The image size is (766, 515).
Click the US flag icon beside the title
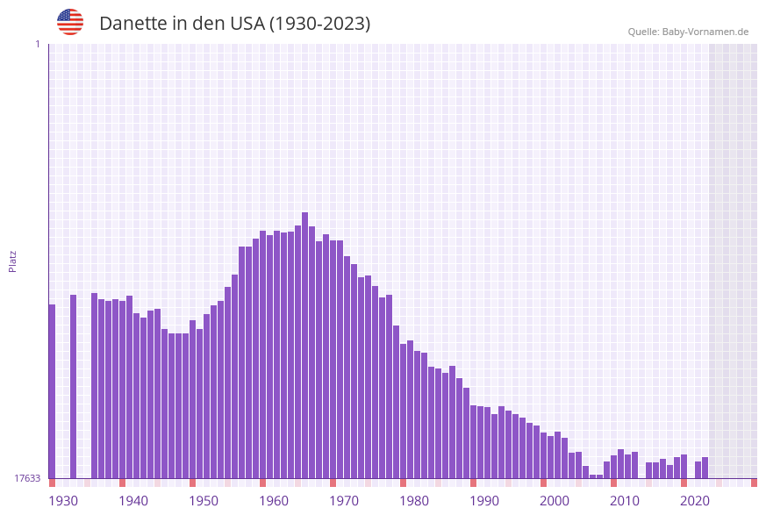pos(70,22)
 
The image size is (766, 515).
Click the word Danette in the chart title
pos(132,24)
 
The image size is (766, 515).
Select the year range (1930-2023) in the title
pos(319,24)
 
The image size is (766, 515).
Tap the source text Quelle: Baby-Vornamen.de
pos(688,32)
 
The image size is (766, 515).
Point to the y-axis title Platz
pos(13,261)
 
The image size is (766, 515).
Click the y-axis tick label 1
pos(37,44)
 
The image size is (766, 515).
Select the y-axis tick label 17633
pos(27,478)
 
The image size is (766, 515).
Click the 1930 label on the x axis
pos(63,501)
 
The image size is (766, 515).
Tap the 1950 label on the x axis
pos(204,501)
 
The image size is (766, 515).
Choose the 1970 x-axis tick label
pos(344,501)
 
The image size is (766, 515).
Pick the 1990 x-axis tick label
pos(484,501)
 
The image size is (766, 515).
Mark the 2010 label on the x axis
pos(625,501)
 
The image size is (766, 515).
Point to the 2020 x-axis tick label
pos(695,501)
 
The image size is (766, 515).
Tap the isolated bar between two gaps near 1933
pos(73,386)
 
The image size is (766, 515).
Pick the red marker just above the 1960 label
pos(262,483)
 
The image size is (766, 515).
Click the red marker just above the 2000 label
pos(543,483)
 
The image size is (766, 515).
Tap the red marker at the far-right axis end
pos(754,483)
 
